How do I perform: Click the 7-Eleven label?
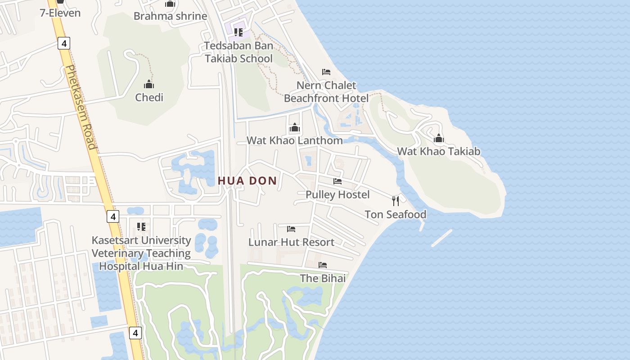[x=60, y=13]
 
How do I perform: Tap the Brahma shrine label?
[x=170, y=16]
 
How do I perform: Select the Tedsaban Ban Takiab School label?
[x=238, y=52]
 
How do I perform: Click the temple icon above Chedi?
[x=149, y=84]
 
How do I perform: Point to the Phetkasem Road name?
[x=81, y=107]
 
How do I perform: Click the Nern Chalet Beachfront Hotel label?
[x=326, y=92]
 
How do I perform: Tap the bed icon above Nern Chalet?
[x=326, y=72]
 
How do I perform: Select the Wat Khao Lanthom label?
[x=294, y=140]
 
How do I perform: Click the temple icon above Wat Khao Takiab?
[x=439, y=139]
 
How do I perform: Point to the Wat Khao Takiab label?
[x=439, y=151]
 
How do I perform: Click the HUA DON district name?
[x=247, y=181]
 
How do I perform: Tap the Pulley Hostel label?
[x=337, y=194]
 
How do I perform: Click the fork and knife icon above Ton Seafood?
[x=396, y=201]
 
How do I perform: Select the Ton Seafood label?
[x=396, y=214]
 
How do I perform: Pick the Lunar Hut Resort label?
[x=291, y=242]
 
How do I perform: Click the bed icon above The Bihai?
[x=323, y=265]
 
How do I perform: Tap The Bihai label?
[x=323, y=278]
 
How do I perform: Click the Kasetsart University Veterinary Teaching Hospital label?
[x=141, y=253]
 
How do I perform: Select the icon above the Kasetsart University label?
[x=141, y=227]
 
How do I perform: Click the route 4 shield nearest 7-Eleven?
[x=64, y=43]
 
